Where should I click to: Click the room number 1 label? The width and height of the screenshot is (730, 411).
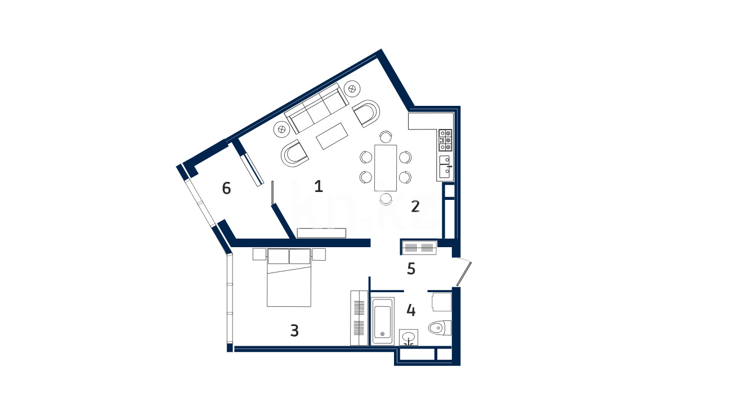pos(319,186)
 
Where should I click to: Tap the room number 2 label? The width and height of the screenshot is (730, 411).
pos(415,206)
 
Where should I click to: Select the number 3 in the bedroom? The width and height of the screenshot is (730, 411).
pos(294,330)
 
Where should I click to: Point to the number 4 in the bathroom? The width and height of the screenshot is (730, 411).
pos(411,310)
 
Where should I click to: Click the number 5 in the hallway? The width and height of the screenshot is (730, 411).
pos(411,269)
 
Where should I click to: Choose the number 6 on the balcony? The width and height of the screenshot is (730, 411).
pos(226,188)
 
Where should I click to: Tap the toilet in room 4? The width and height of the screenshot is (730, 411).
pos(440,328)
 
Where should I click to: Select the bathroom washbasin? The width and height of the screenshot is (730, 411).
pos(409,337)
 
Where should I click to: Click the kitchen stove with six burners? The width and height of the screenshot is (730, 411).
pos(445,140)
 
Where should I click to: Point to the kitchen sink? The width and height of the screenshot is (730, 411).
pos(445,167)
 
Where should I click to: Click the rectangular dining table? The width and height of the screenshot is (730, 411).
pos(386,168)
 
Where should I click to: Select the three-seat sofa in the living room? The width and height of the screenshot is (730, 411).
pos(316,108)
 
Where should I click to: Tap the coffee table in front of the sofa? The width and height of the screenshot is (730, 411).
pos(332,136)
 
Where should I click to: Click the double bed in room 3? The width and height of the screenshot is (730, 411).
pos(289,278)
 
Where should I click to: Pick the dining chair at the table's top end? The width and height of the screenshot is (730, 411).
pos(386,137)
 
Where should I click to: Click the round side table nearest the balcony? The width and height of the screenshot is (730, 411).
pos(281,129)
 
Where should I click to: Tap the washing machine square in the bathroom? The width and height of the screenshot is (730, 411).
pos(442,302)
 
